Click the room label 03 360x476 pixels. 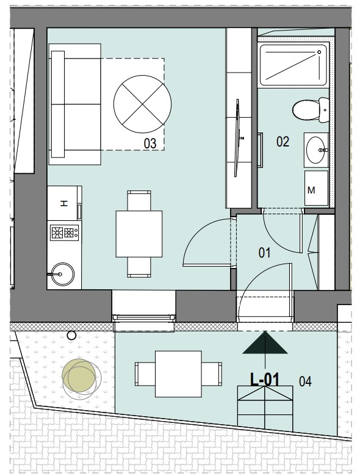point(150,143)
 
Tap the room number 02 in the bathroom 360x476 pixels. point(283,142)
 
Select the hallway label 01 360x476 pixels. point(264,253)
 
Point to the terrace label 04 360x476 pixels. point(305,381)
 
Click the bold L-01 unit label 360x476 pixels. point(264,380)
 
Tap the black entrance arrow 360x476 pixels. point(265,342)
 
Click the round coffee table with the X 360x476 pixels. point(142,104)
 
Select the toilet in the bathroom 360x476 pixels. point(311,110)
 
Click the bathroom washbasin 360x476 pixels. point(316,150)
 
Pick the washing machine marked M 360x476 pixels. point(316,188)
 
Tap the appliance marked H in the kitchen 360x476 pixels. point(63,203)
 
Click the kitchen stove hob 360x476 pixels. point(64,233)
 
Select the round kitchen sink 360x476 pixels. point(62,274)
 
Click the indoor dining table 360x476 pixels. point(139,234)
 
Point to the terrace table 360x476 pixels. point(179,374)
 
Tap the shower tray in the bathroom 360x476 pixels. point(293,65)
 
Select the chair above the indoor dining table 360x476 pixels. point(139,200)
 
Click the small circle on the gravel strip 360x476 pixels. point(71,336)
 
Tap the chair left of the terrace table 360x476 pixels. point(145,374)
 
